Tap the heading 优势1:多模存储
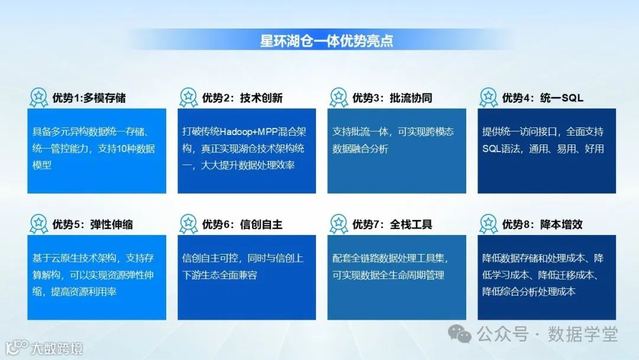[x=89, y=98]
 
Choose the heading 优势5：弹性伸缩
[x=92, y=224]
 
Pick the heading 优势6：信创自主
[x=242, y=224]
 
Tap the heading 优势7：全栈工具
[x=392, y=224]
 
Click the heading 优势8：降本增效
[x=542, y=224]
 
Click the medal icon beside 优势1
[x=38, y=97]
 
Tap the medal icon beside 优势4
[x=488, y=97]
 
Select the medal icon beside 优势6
[x=188, y=224]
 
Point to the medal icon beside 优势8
[x=488, y=224]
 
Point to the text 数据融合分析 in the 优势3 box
[x=360, y=149]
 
